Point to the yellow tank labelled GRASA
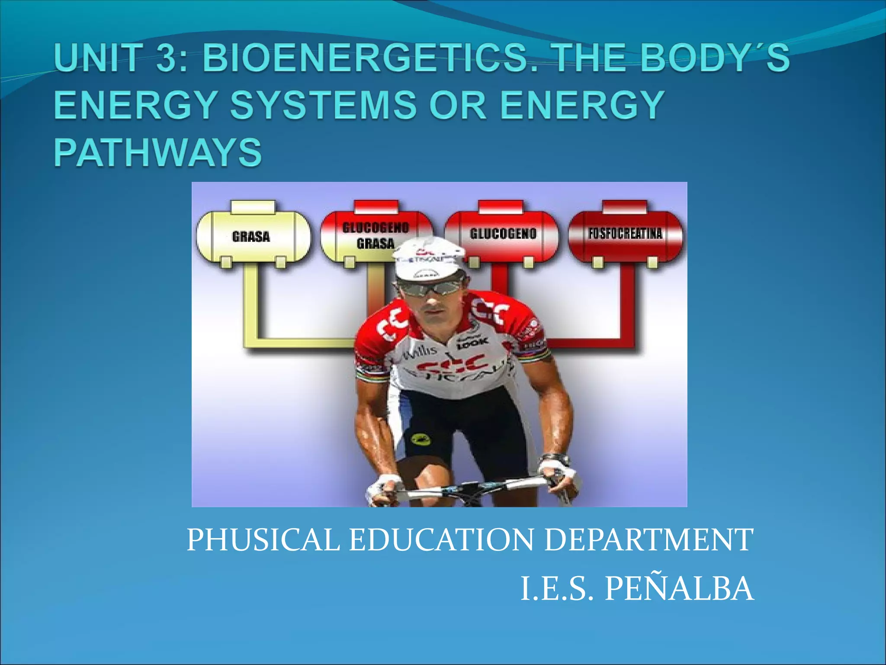point(253,236)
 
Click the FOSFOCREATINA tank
point(625,234)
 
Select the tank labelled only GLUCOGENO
point(503,234)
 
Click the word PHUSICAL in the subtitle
point(263,540)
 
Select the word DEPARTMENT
point(648,540)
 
